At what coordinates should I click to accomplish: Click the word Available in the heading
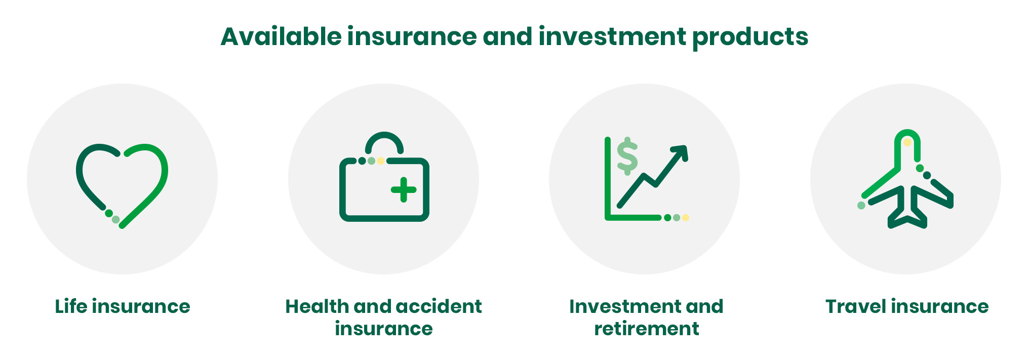click(281, 36)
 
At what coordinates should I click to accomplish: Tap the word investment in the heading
click(612, 36)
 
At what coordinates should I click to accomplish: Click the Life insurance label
click(123, 306)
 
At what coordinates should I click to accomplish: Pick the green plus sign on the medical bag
click(404, 190)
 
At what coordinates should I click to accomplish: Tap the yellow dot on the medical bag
click(381, 161)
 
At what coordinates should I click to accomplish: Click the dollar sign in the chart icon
click(627, 156)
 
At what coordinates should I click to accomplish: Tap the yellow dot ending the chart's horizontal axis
click(685, 218)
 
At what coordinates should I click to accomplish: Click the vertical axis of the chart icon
click(608, 177)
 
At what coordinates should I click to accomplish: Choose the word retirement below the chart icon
click(647, 329)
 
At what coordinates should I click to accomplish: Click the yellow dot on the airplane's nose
click(907, 143)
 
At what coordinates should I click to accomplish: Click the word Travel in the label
click(856, 306)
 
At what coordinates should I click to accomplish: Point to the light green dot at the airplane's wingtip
click(861, 205)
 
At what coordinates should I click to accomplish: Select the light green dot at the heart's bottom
click(115, 219)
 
